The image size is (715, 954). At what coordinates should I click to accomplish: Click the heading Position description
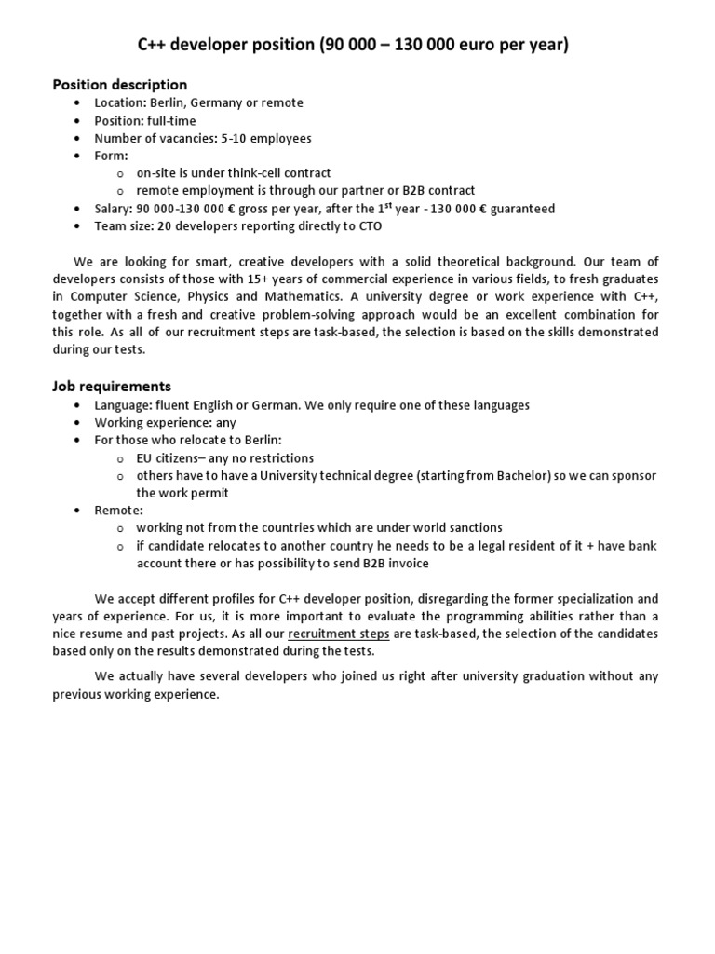point(119,85)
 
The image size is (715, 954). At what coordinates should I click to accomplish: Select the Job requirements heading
point(112,386)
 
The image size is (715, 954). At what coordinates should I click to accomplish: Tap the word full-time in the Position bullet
point(170,120)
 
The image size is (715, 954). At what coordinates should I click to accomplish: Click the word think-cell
point(255,173)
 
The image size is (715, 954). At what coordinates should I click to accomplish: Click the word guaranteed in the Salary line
point(519,209)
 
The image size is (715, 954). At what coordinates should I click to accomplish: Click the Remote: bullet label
point(118,511)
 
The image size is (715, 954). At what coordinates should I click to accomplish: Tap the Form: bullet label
point(112,156)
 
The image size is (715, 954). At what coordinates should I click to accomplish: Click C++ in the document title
point(154,45)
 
